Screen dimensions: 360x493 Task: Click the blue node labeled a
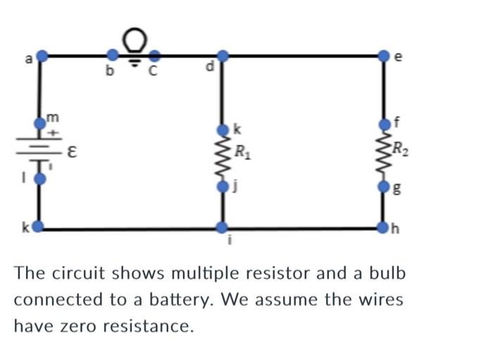(42, 55)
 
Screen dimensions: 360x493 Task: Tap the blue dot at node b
(112, 55)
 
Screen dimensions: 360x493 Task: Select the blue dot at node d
(223, 56)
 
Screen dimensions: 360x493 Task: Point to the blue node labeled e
(384, 55)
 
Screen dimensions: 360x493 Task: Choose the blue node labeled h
(384, 228)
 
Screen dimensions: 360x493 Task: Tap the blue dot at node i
(223, 228)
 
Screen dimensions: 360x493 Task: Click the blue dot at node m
(40, 124)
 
